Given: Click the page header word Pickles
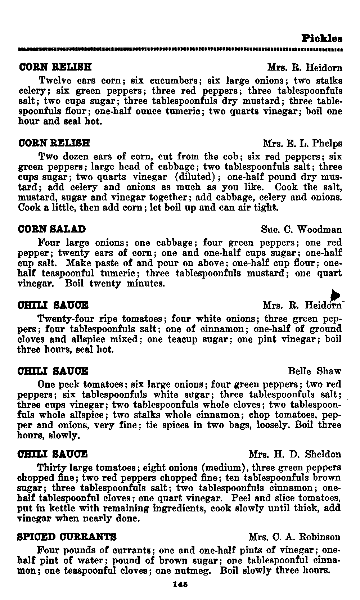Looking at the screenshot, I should [x=322, y=38].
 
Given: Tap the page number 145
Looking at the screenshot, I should [x=179, y=585].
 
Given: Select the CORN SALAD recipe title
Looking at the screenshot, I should [x=52, y=229].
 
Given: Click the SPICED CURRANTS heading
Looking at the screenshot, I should [x=67, y=537].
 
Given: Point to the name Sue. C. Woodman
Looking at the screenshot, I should [x=301, y=230].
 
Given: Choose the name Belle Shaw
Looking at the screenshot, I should [x=315, y=371].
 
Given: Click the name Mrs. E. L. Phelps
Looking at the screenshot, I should [x=302, y=144].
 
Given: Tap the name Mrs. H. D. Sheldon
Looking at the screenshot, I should [x=295, y=454].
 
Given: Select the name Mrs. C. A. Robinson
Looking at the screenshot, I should [x=294, y=537].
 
